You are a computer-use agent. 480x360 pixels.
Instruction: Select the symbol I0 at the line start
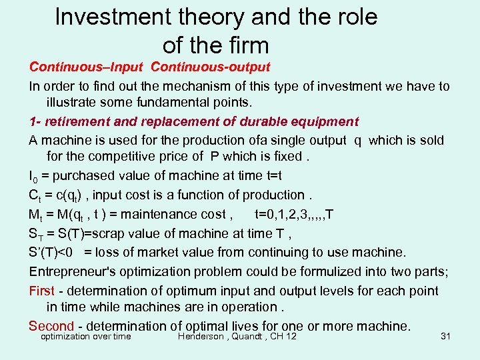coord(33,177)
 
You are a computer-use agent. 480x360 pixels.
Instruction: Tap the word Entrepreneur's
coord(75,271)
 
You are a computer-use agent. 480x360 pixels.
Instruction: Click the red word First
coord(41,291)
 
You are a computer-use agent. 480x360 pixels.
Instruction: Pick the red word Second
coord(51,326)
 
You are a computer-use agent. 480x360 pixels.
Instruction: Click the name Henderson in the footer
coord(201,336)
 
